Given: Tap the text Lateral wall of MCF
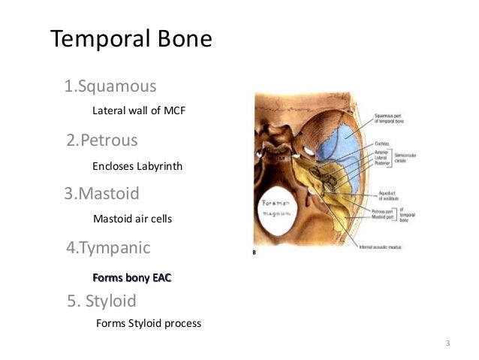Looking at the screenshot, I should pos(137,110).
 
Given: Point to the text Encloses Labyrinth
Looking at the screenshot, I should pos(137,165).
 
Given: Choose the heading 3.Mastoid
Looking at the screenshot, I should pos(102,194).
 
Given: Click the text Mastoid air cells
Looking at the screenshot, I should pos(132,219).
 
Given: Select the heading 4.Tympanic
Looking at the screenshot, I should pos(108,247).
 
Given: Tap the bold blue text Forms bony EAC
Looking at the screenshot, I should pos(131,278).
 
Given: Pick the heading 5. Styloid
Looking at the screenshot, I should pos(101,301).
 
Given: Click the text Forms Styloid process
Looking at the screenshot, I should pos(149,324).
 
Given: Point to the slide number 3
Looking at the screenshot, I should pos(447,343).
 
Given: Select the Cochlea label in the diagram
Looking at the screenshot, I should pos(384,138).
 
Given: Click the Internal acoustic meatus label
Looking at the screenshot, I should pos(360,246).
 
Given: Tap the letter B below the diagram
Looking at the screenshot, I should pos(257,253).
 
